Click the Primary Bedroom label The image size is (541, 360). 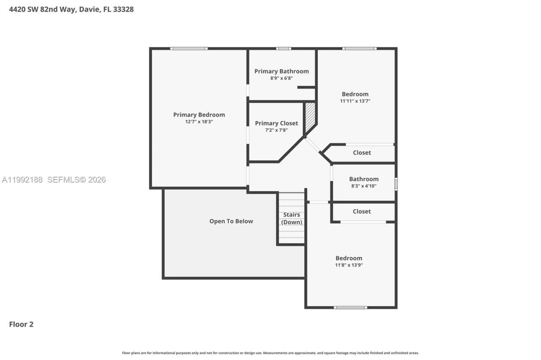pos(199,115)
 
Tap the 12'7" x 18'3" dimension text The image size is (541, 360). pos(199,122)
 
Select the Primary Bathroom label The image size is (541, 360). pos(281,71)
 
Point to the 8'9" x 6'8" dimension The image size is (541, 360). pos(281,78)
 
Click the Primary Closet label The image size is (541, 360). pos(276,123)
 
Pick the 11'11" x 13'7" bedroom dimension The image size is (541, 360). pos(355,101)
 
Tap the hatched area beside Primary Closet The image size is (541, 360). pos(310,116)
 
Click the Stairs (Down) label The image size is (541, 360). pos(292,218)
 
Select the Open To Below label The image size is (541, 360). pos(231,221)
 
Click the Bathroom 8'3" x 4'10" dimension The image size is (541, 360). pos(363,186)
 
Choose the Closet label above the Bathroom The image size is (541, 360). pos(362,153)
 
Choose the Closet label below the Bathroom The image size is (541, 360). pos(362,211)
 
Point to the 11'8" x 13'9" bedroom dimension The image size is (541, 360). pos(349,265)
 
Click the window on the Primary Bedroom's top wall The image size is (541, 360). pos(189,49)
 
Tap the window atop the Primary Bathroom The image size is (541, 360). pos(284,49)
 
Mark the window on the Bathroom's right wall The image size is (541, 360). pos(396,184)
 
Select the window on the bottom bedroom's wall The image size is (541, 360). pos(350,307)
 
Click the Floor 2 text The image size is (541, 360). pos(21,325)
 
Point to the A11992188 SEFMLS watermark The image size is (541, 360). pos(54,180)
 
